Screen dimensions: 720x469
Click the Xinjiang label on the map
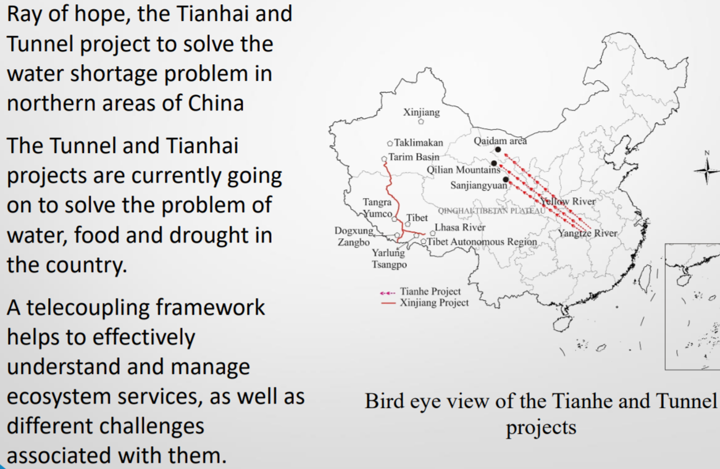click(421, 112)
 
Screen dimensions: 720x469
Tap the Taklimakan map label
click(418, 143)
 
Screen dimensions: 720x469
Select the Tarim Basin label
click(414, 157)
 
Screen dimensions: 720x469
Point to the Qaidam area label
click(500, 141)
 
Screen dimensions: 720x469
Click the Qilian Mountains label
click(463, 170)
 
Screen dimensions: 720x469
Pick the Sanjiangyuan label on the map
click(479, 185)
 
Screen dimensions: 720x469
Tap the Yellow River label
click(567, 201)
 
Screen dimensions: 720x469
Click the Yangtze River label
click(587, 233)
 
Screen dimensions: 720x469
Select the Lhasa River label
click(459, 227)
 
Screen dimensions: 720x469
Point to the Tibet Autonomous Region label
click(482, 242)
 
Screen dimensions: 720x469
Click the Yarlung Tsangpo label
click(389, 259)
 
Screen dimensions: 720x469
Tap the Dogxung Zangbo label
click(354, 236)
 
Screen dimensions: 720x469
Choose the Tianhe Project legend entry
click(420, 291)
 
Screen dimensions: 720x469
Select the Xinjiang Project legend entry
click(424, 303)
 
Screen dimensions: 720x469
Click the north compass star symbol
click(706, 171)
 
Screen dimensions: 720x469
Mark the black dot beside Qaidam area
click(498, 149)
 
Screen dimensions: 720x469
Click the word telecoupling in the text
click(145, 307)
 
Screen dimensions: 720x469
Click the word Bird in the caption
click(384, 401)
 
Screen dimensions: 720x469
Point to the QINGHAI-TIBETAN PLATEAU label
click(492, 210)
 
